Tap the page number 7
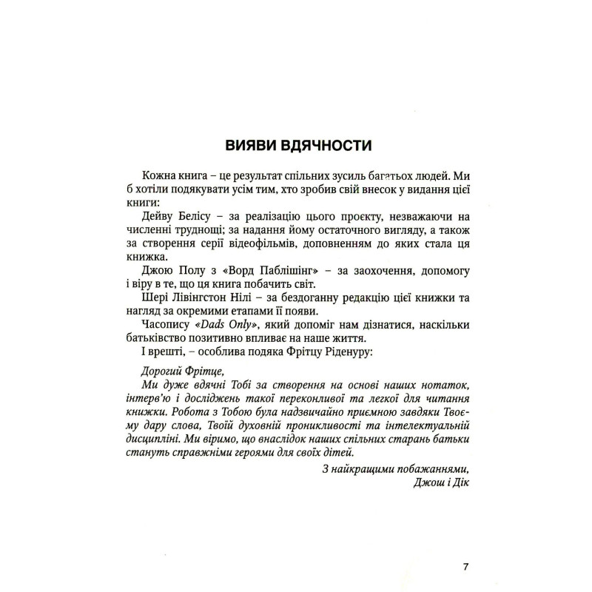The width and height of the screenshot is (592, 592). pos(465,567)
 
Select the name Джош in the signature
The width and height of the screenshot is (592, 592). pos(434,483)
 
